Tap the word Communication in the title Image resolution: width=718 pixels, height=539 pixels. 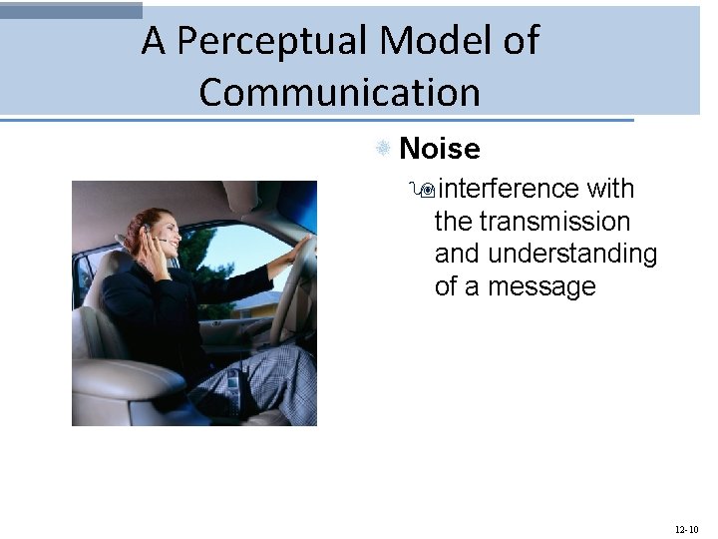click(339, 93)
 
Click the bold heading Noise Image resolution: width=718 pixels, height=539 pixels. click(439, 150)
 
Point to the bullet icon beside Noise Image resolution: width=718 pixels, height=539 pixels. click(382, 149)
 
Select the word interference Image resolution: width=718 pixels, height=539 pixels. click(509, 189)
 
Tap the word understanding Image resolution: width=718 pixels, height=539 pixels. click(572, 255)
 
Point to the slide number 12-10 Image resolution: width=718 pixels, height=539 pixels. click(686, 528)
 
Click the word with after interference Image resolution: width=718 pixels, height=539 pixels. click(610, 189)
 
